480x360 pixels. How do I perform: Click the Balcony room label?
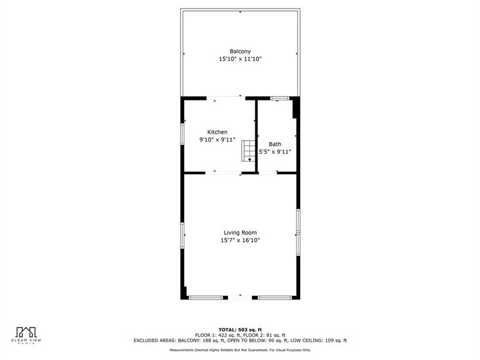tap(240, 51)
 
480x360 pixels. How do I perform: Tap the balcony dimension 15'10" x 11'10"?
tap(240, 59)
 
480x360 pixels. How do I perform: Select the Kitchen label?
tap(217, 132)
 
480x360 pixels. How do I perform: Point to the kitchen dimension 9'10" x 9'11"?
tap(217, 140)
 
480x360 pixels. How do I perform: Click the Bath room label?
tap(275, 144)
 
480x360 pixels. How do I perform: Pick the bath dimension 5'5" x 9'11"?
tap(275, 152)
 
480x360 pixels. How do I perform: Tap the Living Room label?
tap(240, 233)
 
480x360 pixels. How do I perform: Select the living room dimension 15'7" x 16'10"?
tap(240, 241)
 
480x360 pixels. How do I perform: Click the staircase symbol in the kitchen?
tap(248, 150)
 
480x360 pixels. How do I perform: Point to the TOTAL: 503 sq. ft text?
tap(240, 330)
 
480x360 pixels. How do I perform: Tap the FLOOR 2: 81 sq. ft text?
tap(264, 335)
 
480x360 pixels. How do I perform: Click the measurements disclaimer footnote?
tap(240, 350)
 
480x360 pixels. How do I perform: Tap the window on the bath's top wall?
tap(280, 97)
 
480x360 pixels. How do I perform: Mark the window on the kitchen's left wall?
tap(182, 134)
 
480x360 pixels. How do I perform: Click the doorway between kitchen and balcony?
tap(223, 97)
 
